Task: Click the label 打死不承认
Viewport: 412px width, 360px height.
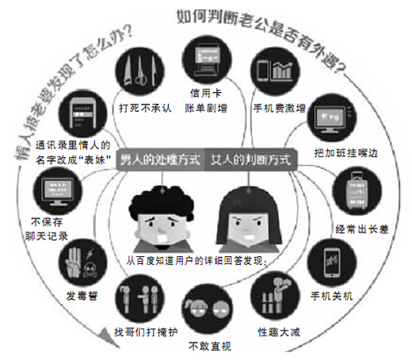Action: click(145, 108)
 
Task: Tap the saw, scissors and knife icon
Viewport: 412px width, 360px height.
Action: click(140, 71)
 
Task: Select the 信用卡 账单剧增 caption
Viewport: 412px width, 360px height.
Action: click(206, 101)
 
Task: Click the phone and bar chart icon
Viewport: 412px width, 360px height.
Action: click(275, 71)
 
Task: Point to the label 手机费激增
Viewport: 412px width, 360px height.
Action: click(280, 108)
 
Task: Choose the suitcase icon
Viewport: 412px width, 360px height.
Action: click(357, 190)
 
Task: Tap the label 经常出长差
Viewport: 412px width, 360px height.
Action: click(362, 229)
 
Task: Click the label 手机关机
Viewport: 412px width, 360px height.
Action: click(331, 296)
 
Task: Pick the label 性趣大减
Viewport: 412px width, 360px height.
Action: click(279, 331)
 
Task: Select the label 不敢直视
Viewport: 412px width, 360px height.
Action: click(210, 346)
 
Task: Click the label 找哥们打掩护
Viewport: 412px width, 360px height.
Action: click(146, 332)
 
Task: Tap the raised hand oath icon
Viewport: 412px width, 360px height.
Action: click(83, 262)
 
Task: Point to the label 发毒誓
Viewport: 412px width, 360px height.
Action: click(82, 296)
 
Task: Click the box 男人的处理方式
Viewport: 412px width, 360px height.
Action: click(161, 159)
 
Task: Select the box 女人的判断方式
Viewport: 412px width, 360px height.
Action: click(251, 159)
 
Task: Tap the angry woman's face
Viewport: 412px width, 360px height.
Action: click(249, 219)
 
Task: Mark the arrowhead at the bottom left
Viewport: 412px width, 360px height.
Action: click(107, 337)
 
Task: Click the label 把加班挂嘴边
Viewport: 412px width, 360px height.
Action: click(345, 153)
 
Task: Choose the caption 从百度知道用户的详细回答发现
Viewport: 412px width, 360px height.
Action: click(196, 261)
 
